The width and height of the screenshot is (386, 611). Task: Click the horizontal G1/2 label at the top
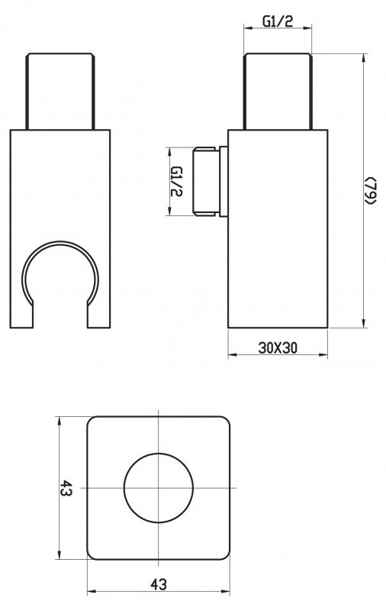click(278, 21)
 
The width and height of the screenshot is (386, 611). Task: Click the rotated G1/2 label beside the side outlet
click(176, 180)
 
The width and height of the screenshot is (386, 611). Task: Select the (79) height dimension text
click(370, 190)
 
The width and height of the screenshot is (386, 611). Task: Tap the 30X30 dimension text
click(278, 348)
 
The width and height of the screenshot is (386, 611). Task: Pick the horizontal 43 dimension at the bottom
click(159, 584)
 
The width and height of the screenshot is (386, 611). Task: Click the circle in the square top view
click(158, 488)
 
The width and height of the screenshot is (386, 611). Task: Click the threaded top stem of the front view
click(60, 91)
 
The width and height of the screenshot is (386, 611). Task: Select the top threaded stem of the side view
click(278, 91)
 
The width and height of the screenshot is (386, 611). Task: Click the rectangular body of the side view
click(278, 229)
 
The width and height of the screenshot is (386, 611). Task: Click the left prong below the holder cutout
click(22, 313)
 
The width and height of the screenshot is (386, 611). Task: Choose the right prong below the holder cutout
click(98, 313)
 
